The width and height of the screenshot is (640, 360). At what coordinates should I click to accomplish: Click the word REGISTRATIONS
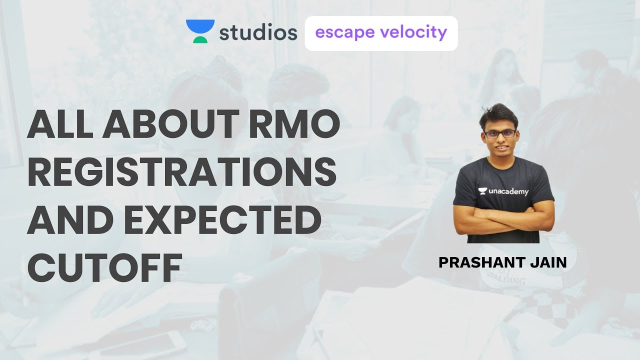coord(181,171)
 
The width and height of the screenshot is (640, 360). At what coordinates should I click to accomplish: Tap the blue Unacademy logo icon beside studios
coord(200,31)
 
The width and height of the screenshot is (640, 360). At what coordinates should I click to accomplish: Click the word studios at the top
coord(258,33)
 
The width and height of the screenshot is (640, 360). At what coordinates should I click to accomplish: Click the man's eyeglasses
coord(500,134)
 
